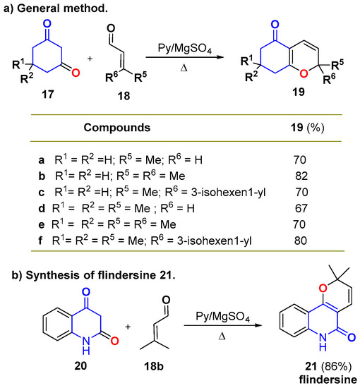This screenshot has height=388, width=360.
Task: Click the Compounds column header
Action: pyautogui.click(x=113, y=128)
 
